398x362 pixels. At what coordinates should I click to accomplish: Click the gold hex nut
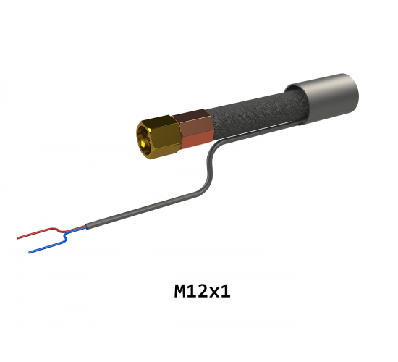tap(160, 137)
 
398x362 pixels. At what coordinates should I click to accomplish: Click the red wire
tap(51, 231)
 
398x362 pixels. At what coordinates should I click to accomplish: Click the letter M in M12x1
tap(181, 291)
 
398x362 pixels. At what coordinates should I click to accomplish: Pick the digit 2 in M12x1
tap(202, 291)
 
